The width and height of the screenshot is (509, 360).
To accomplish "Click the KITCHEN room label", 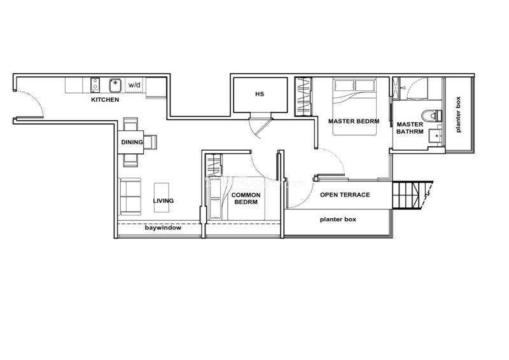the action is pyautogui.click(x=105, y=100).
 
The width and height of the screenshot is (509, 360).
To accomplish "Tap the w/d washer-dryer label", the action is pyautogui.click(x=134, y=85).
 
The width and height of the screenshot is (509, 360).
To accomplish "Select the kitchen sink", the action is pyautogui.click(x=115, y=85).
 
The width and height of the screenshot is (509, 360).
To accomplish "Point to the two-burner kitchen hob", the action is pyautogui.click(x=95, y=85).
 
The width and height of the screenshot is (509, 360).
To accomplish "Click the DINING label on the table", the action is pyautogui.click(x=132, y=142).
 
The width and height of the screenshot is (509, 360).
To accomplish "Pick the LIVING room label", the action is pyautogui.click(x=164, y=201).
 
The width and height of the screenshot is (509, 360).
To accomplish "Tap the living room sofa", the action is pyautogui.click(x=130, y=197).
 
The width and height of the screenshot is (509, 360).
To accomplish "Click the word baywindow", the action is pyautogui.click(x=163, y=228).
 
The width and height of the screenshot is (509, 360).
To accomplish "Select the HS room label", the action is pyautogui.click(x=260, y=94).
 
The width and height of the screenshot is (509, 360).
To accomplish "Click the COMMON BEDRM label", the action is pyautogui.click(x=246, y=198).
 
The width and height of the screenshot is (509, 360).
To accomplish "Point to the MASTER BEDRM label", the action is pyautogui.click(x=354, y=121).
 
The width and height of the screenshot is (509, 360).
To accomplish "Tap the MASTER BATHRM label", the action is pyautogui.click(x=410, y=128).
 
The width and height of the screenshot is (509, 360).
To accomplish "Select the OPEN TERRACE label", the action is pyautogui.click(x=345, y=195).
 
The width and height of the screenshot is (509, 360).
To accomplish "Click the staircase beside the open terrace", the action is pyautogui.click(x=412, y=195).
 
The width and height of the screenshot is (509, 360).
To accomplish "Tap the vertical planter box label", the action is pyautogui.click(x=458, y=114).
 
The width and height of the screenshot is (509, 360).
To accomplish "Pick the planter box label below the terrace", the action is pyautogui.click(x=338, y=219).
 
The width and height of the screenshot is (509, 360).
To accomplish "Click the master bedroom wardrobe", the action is pyautogui.click(x=303, y=97).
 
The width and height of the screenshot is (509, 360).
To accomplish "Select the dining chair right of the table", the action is pyautogui.click(x=150, y=142).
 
